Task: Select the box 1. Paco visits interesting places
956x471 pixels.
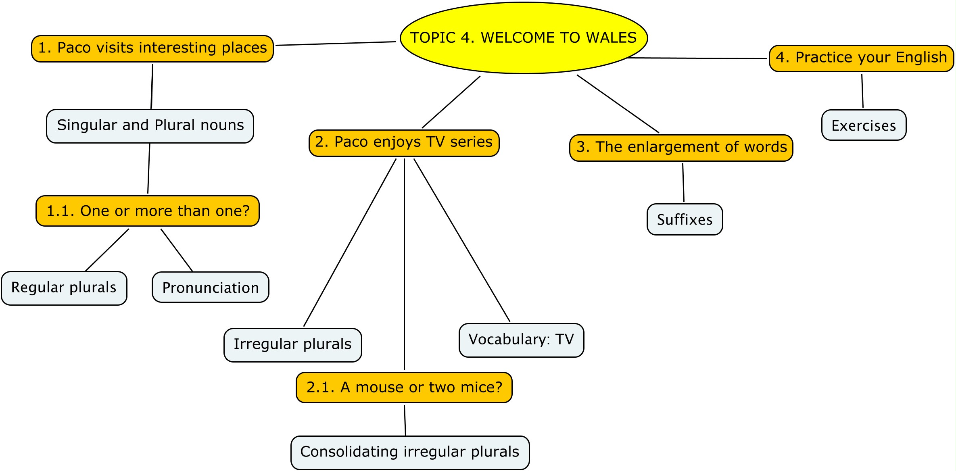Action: pyautogui.click(x=152, y=48)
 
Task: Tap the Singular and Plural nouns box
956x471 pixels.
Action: pyautogui.click(x=150, y=126)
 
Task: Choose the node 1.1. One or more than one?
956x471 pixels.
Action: pyautogui.click(x=148, y=211)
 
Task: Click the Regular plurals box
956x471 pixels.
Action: pyautogui.click(x=64, y=288)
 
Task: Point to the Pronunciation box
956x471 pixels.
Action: pyautogui.click(x=211, y=287)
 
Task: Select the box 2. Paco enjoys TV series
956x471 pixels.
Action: pyautogui.click(x=404, y=143)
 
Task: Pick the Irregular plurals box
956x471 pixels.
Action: pyautogui.click(x=293, y=345)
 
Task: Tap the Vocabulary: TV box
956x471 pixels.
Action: pyautogui.click(x=521, y=340)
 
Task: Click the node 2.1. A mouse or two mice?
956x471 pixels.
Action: pyautogui.click(x=404, y=387)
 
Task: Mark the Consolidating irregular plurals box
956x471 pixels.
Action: pyautogui.click(x=410, y=452)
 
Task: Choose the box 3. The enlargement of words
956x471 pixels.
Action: pyautogui.click(x=681, y=148)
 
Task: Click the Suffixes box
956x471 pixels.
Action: pyautogui.click(x=685, y=219)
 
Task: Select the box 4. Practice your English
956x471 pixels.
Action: pyautogui.click(x=861, y=58)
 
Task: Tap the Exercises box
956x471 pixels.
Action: pyautogui.click(x=864, y=125)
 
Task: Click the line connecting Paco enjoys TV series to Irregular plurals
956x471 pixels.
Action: pyautogui.click(x=350, y=242)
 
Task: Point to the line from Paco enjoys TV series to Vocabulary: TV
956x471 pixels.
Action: pyautogui.click(x=462, y=240)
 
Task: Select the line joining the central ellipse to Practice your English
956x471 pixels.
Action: pyautogui.click(x=698, y=58)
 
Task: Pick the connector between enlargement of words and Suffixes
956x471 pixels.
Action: pyautogui.click(x=683, y=182)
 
